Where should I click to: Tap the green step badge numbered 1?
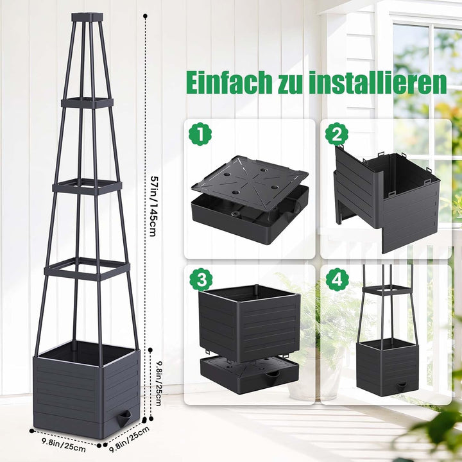200,134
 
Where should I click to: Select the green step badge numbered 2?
337,134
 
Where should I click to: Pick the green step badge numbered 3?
201,280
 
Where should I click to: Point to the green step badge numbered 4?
337,280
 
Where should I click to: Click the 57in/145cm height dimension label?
153,206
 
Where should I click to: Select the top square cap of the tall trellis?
87,17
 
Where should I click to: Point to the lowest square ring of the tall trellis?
87,269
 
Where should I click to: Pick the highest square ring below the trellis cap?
87,102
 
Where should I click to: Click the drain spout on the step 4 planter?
400,386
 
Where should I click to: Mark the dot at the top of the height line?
145,15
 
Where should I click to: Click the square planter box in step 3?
249,323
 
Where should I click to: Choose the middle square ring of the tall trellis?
87,187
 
